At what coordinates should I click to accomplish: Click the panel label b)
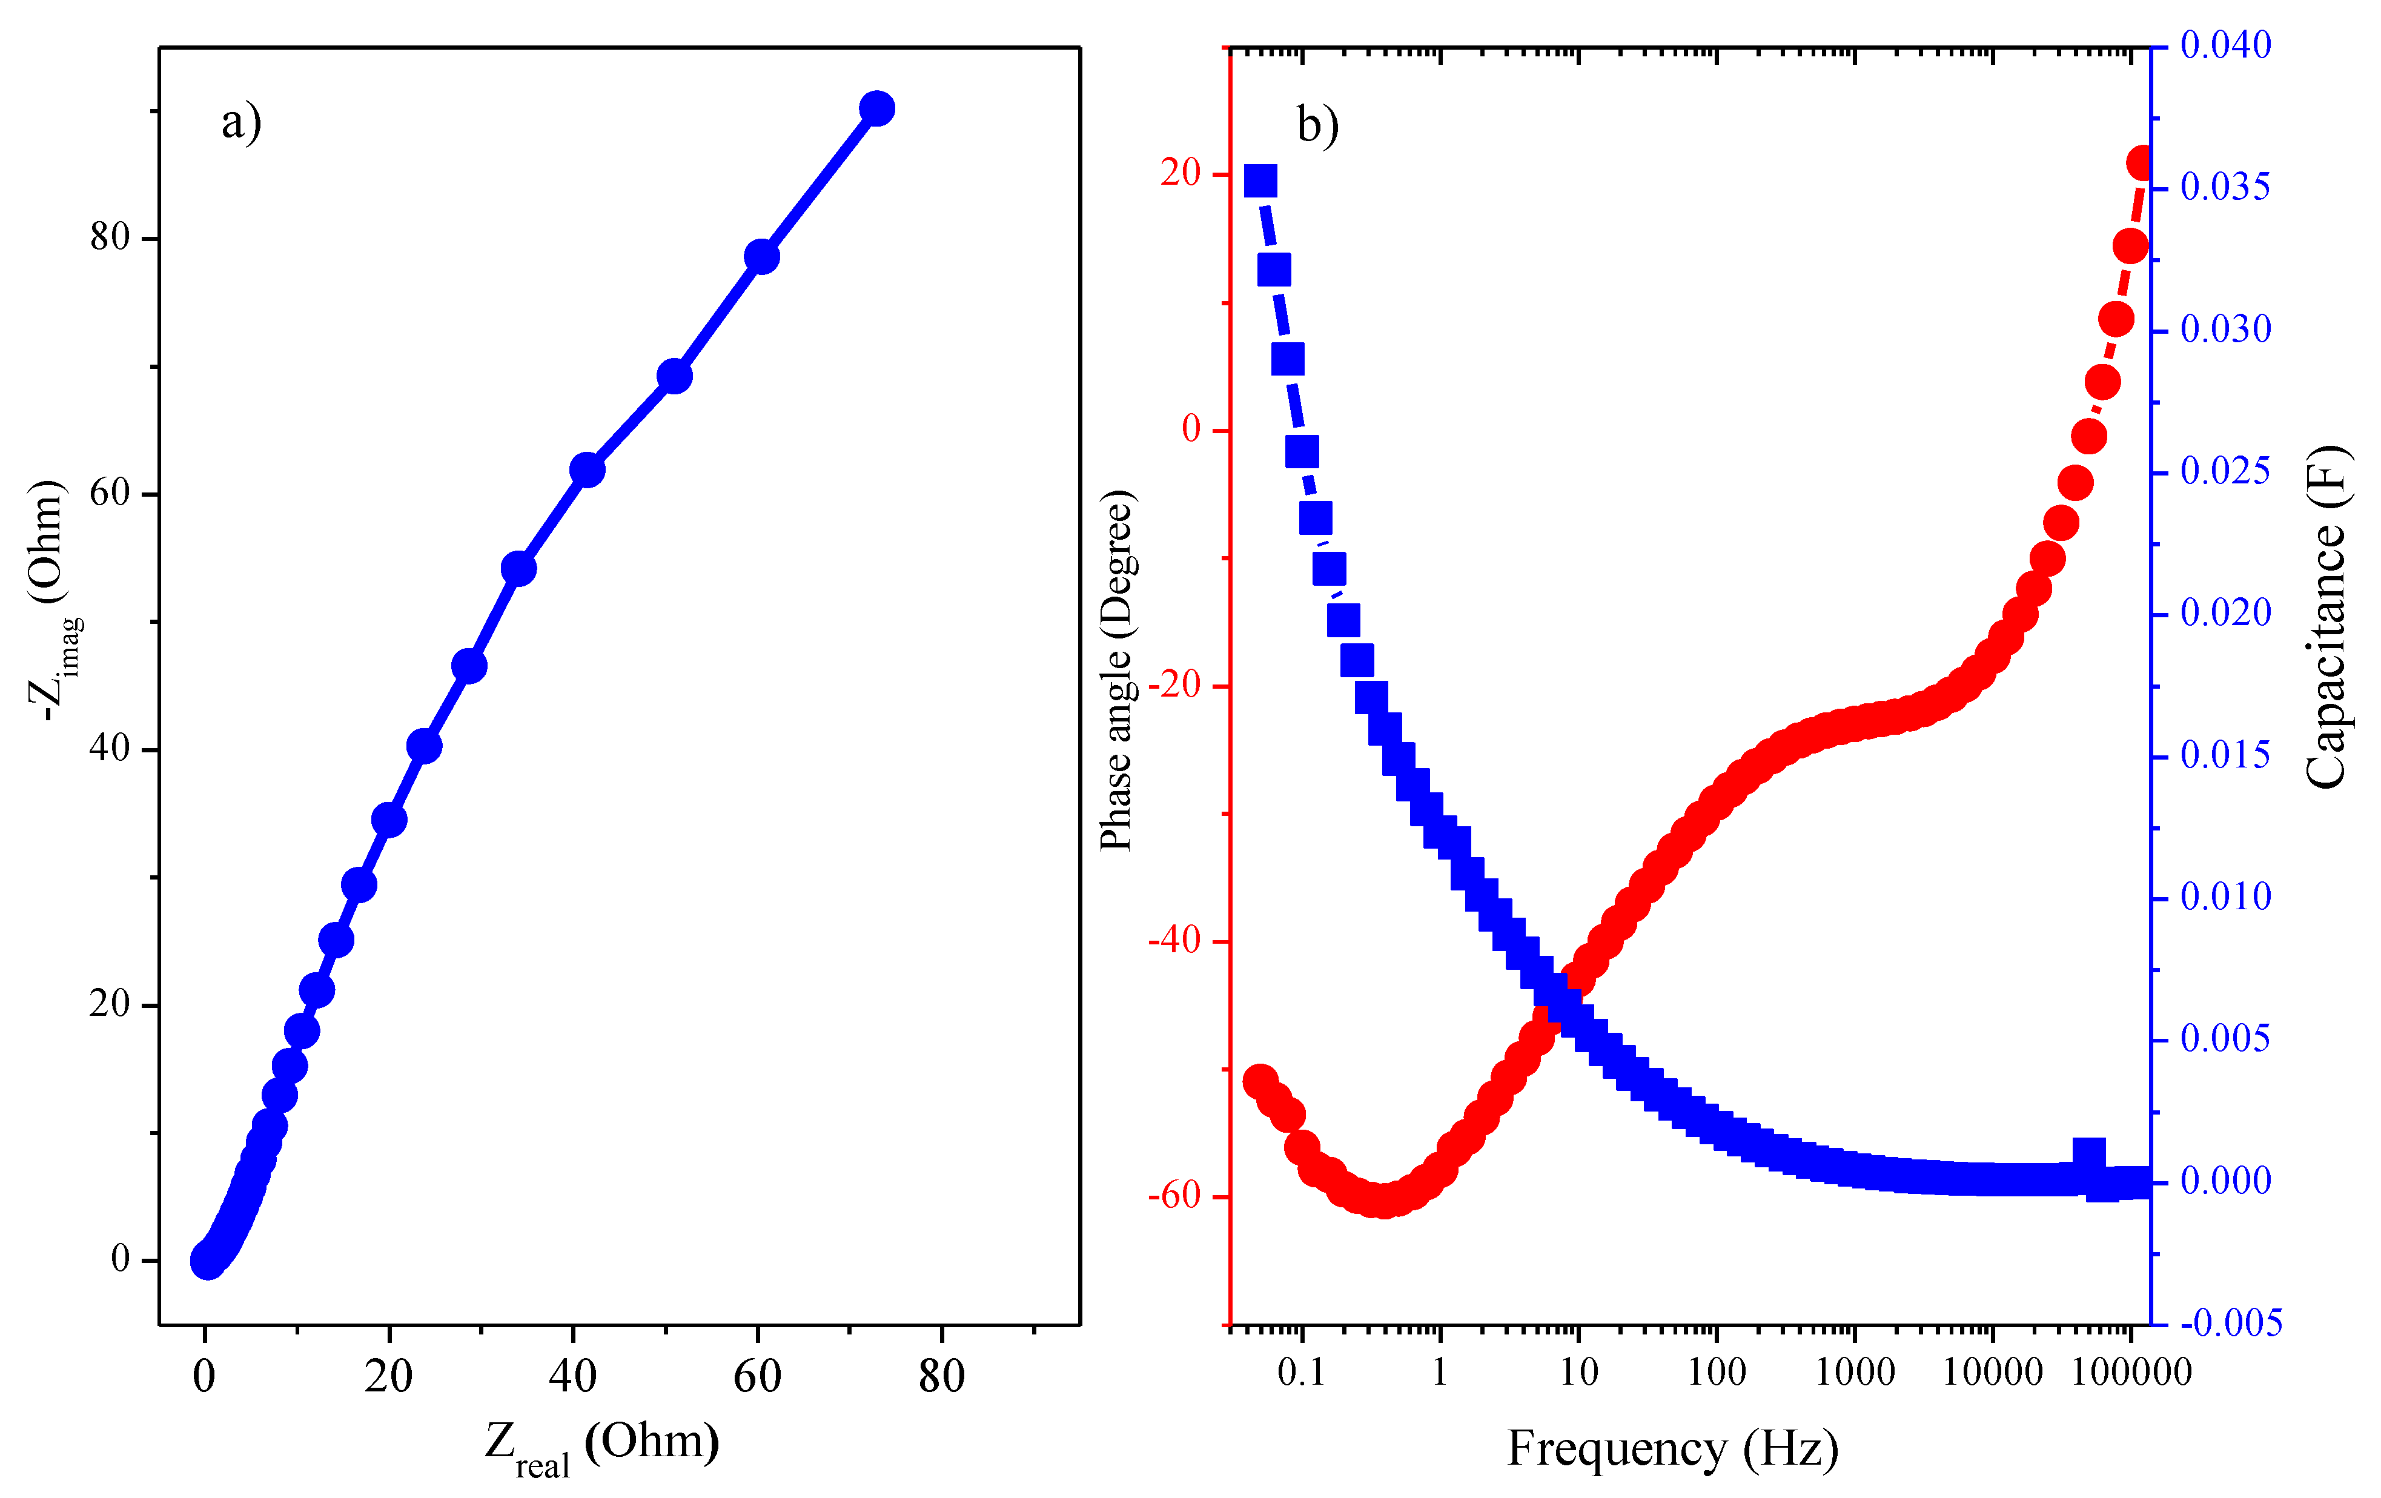pos(1317,125)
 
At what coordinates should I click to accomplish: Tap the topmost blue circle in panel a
pos(876,108)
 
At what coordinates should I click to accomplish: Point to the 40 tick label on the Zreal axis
pos(572,1376)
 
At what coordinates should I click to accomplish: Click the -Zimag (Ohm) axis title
pos(51,600)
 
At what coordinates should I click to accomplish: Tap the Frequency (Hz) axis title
pos(1672,1448)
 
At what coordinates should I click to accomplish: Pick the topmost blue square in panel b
pos(1260,181)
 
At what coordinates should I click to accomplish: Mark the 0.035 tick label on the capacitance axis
pos(2225,187)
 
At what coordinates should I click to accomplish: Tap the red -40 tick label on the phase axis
pos(1174,940)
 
